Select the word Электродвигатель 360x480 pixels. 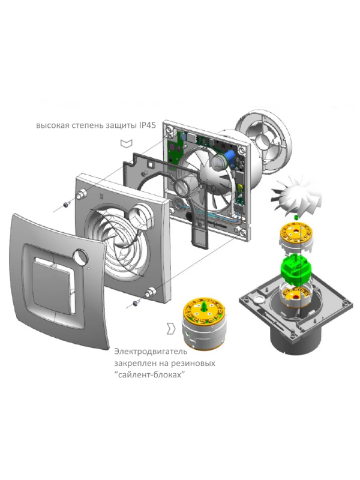(x=151, y=352)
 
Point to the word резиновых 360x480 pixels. (x=196, y=363)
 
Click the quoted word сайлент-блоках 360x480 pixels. (x=151, y=374)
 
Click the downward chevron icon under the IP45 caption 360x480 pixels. (x=127, y=143)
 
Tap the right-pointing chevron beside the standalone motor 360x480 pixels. (x=171, y=328)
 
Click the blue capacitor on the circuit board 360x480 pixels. (x=230, y=155)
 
